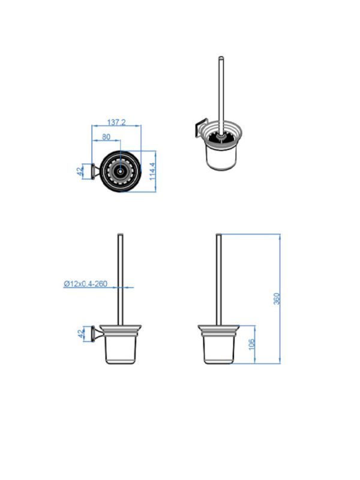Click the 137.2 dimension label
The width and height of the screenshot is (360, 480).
[x=116, y=122]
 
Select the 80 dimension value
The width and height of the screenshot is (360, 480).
[x=106, y=137]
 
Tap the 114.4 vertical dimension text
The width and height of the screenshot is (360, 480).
[x=152, y=171]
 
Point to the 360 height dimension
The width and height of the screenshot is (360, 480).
[x=277, y=298]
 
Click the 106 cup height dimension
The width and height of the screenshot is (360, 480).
[x=251, y=344]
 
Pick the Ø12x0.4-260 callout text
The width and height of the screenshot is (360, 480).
[x=85, y=284]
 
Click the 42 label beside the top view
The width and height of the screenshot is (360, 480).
[x=80, y=172]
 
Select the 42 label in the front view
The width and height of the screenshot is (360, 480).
[x=81, y=334]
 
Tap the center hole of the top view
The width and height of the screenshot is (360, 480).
[x=121, y=172]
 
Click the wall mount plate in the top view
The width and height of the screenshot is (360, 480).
[x=92, y=172]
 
